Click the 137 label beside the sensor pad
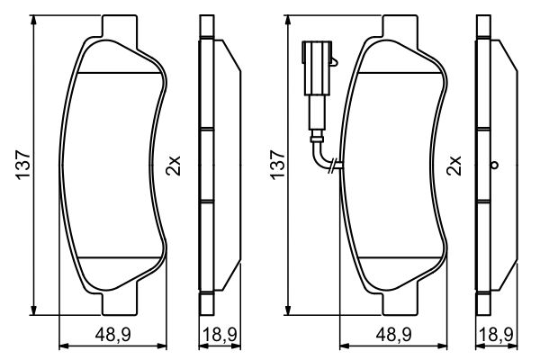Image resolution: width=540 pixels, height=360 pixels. (x=277, y=166)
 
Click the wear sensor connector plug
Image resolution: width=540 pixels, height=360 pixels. (x=317, y=68)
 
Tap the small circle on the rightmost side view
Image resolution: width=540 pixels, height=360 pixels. (x=493, y=166)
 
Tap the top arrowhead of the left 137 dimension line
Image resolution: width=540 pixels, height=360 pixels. (x=34, y=21)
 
